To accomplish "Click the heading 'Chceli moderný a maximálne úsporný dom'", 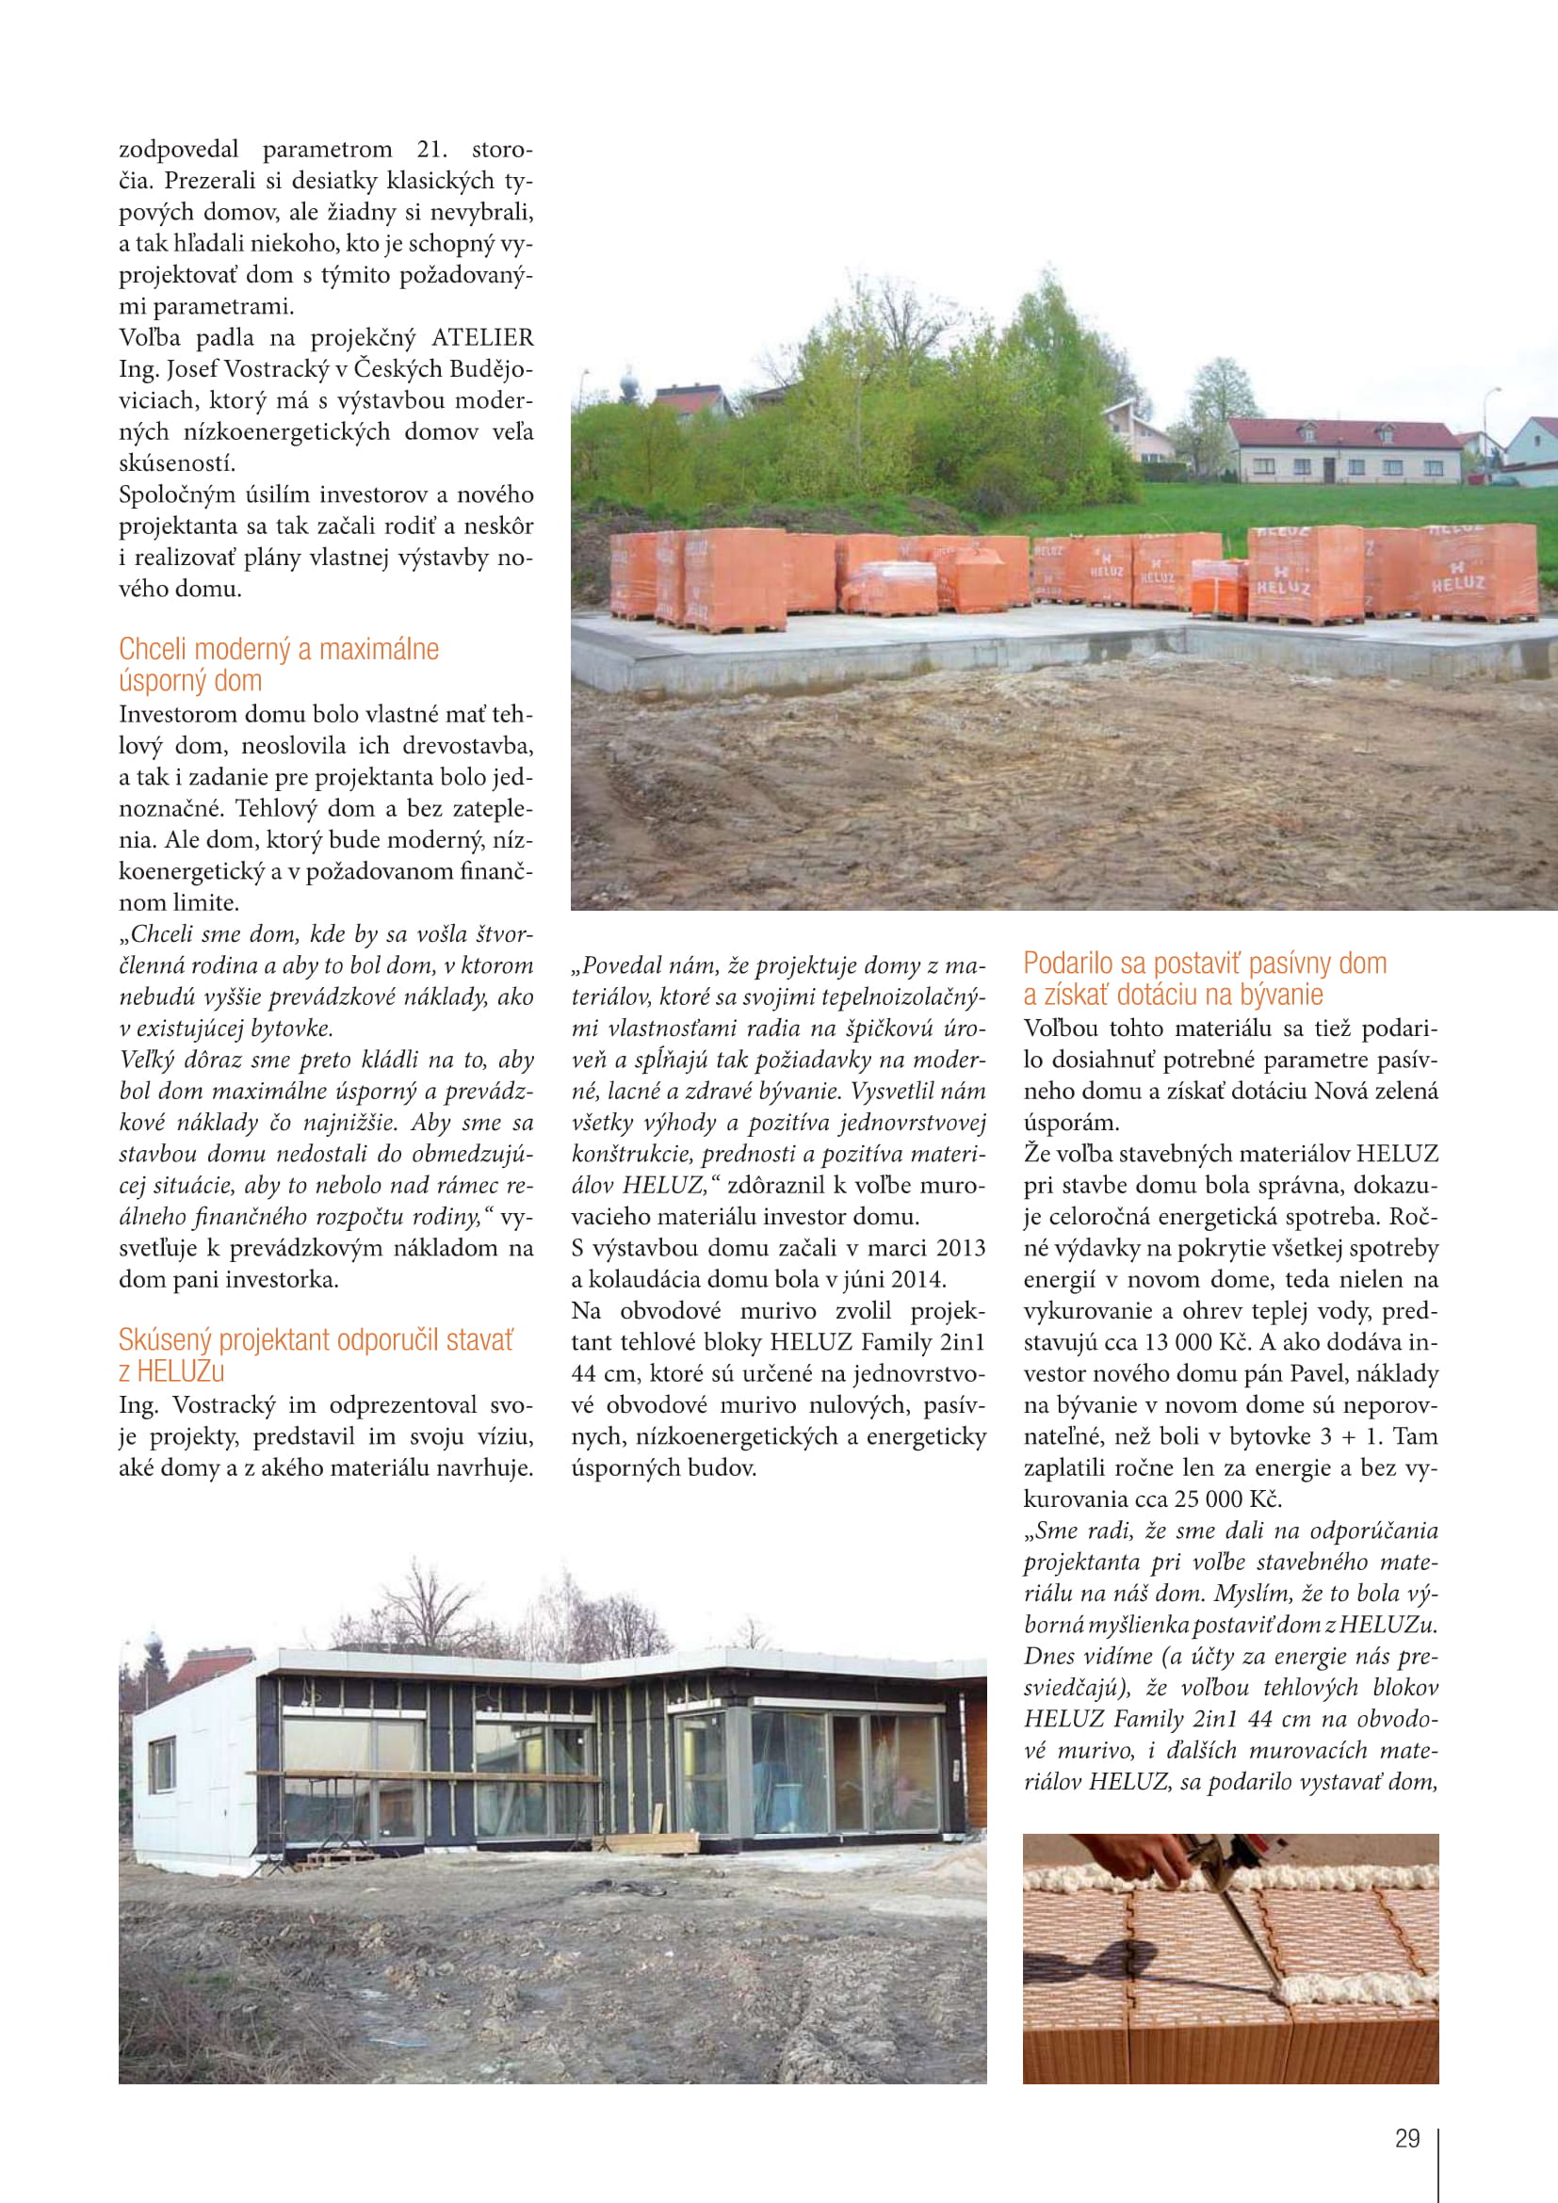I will tap(278, 664).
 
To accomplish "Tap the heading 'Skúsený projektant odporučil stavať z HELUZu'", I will tap(316, 1354).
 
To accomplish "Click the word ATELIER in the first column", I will tap(481, 338).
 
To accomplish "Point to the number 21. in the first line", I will tap(431, 150).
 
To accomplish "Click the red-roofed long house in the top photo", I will tap(1344, 450).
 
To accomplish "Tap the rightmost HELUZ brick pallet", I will tap(1476, 572).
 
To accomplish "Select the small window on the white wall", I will tap(162, 1763).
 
